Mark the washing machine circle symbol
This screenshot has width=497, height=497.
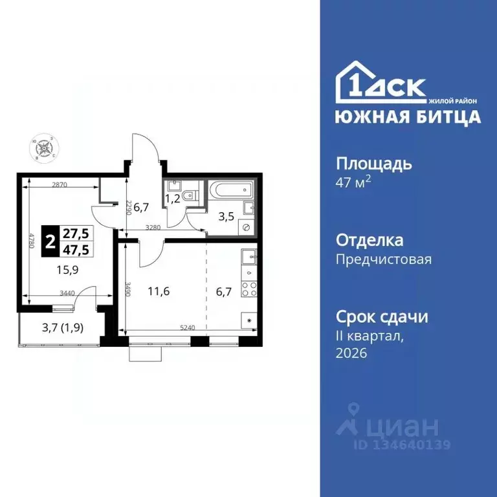pyautogui.click(x=247, y=227)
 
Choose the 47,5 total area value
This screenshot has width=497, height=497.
pyautogui.click(x=76, y=248)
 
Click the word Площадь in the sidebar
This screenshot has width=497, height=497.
pyautogui.click(x=374, y=163)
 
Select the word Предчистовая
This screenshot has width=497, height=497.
pyautogui.click(x=384, y=260)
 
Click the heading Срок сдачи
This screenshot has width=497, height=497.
pyautogui.click(x=382, y=317)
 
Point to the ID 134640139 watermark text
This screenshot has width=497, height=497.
pyautogui.click(x=401, y=445)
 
